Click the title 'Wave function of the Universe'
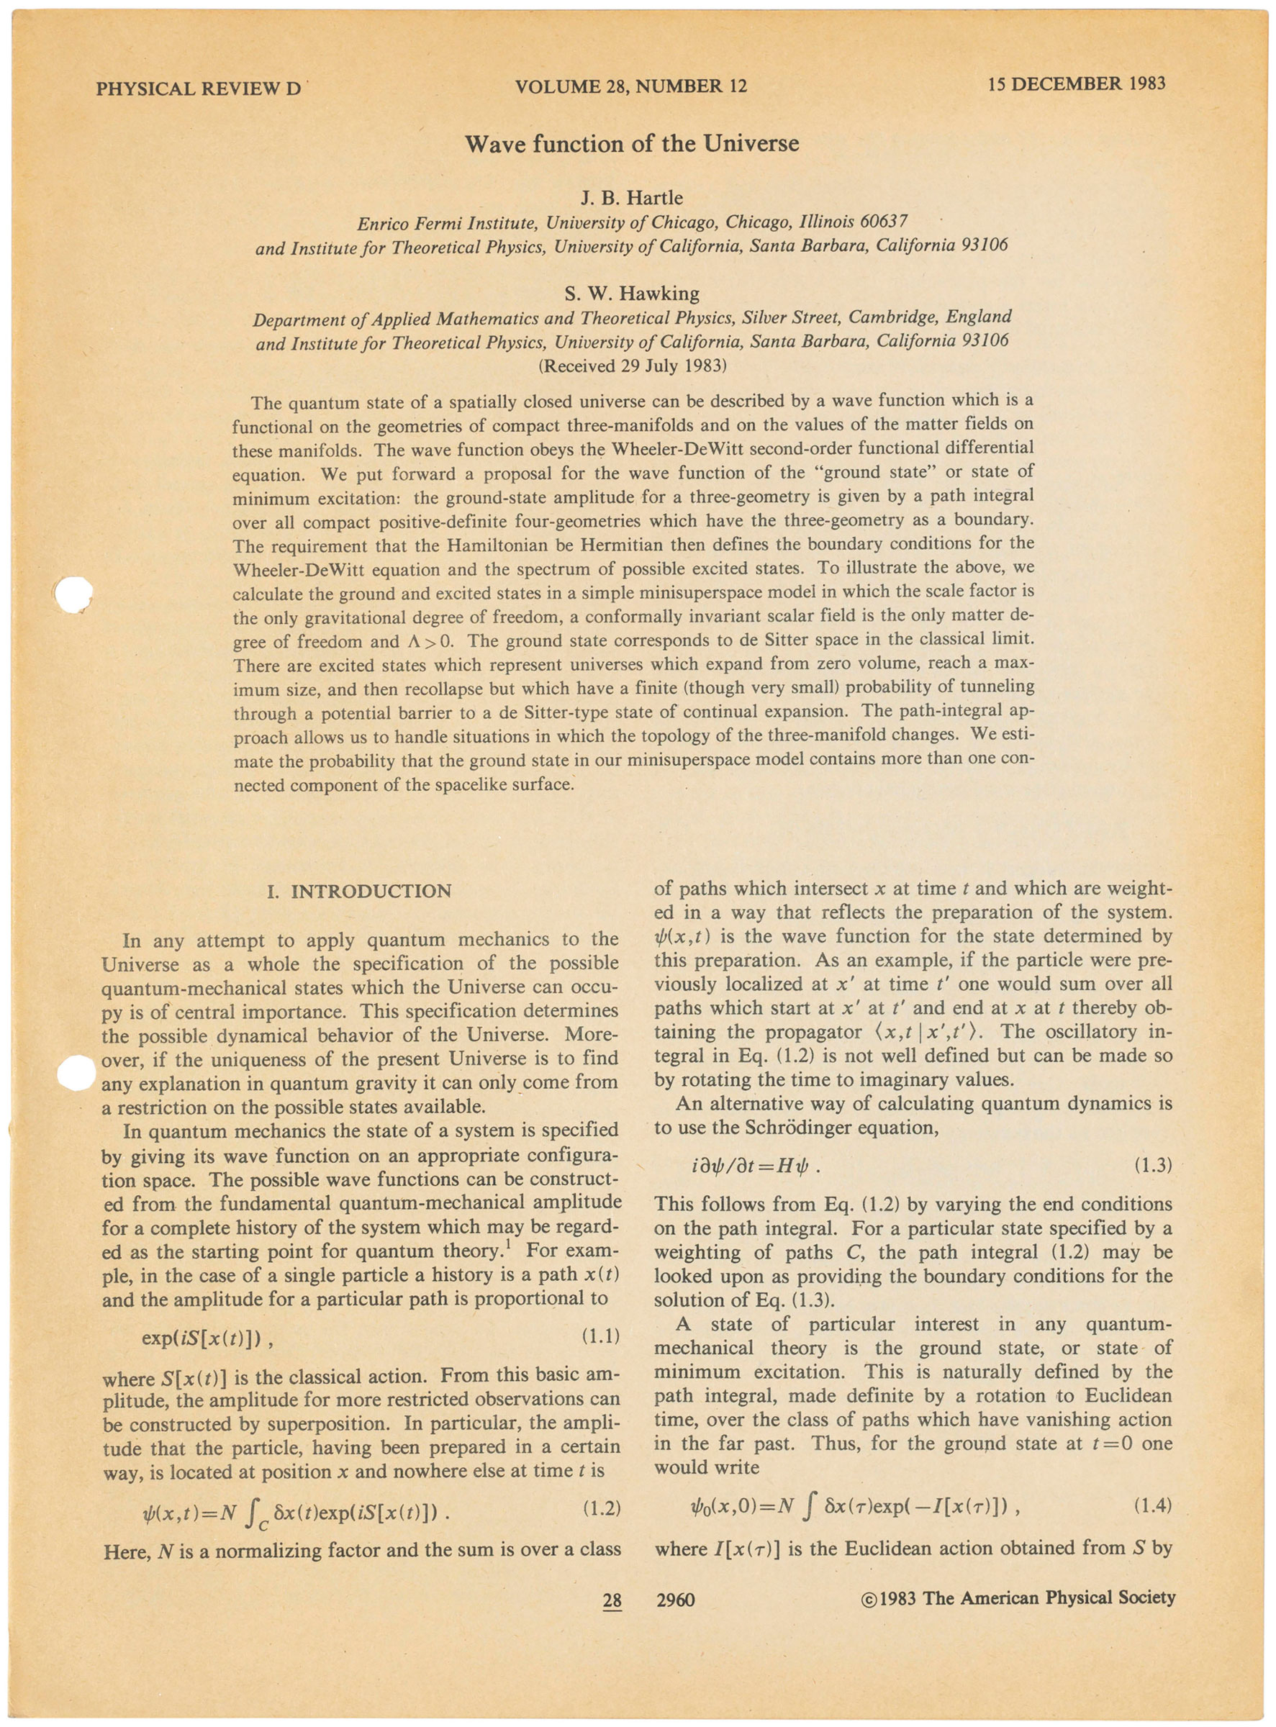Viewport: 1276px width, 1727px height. click(631, 145)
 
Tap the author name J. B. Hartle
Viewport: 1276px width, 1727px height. click(631, 198)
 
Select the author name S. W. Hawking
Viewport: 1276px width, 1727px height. click(632, 294)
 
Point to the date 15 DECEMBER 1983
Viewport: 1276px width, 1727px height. click(1076, 83)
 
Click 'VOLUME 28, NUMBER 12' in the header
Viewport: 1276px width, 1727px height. click(631, 85)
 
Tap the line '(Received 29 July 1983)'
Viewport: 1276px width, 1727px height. click(632, 366)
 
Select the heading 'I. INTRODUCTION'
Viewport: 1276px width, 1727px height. click(358, 892)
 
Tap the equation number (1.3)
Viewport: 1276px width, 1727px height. click(1152, 1166)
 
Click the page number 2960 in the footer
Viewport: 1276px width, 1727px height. click(675, 1599)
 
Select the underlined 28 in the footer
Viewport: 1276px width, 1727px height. click(612, 1600)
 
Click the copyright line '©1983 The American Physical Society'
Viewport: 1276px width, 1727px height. click(1017, 1597)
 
